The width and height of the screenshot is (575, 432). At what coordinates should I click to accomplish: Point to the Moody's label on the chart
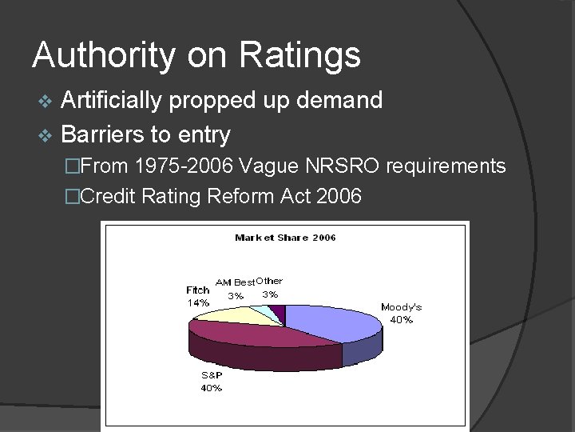click(x=401, y=307)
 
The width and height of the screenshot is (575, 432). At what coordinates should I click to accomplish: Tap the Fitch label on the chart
click(x=197, y=290)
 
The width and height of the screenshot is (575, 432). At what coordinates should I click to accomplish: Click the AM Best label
click(x=235, y=282)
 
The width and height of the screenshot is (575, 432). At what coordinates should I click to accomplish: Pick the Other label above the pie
click(x=270, y=281)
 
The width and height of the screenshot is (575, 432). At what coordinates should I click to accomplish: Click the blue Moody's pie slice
click(x=335, y=320)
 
